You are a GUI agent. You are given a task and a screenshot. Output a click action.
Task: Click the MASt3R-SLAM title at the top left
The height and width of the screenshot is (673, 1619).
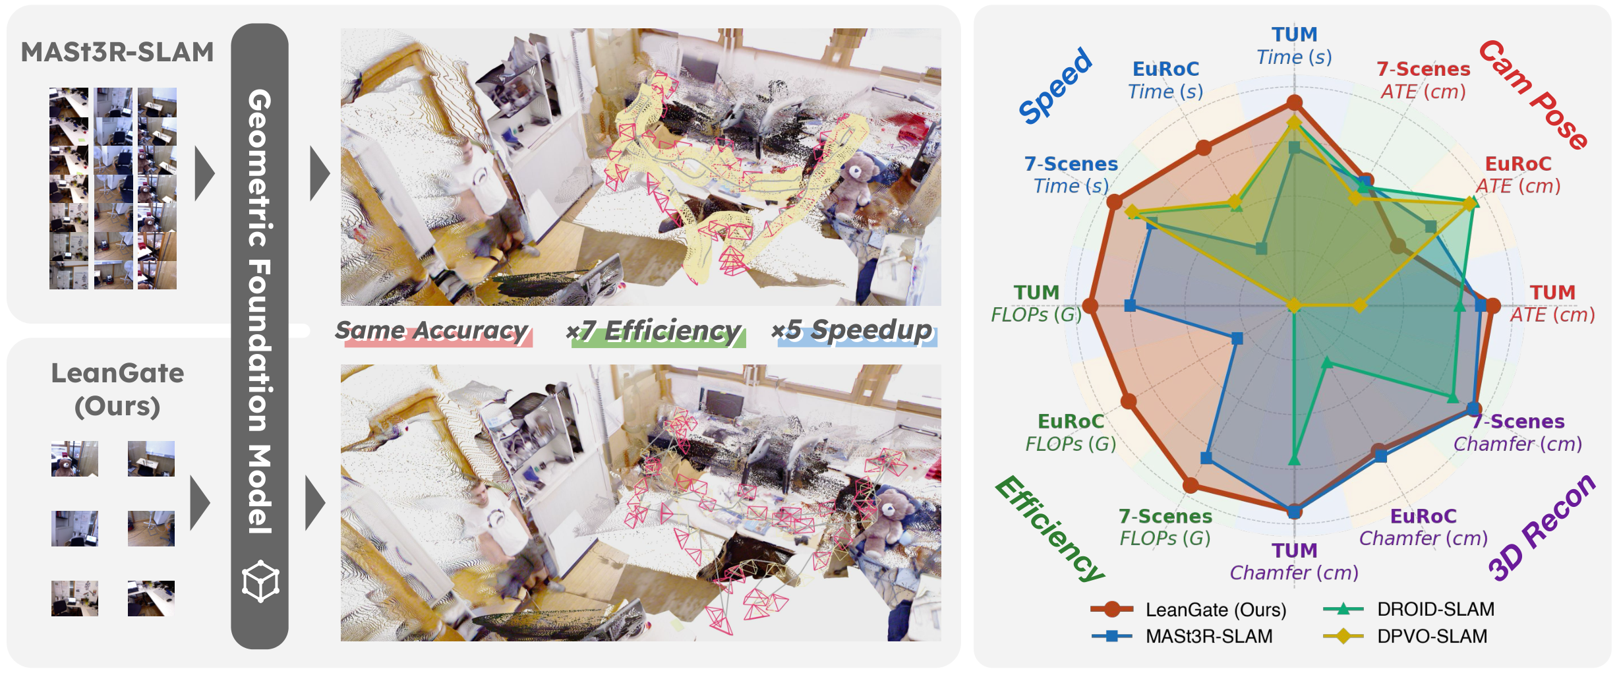click(x=117, y=51)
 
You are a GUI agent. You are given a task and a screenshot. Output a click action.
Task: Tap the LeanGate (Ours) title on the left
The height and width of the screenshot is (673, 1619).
click(x=117, y=389)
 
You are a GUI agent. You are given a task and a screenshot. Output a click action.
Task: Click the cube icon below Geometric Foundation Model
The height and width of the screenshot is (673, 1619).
click(x=260, y=581)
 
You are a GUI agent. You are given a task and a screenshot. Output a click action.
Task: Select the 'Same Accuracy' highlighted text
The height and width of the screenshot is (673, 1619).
click(x=432, y=331)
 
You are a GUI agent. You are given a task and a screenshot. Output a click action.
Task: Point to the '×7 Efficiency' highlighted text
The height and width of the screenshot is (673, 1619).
click(x=654, y=331)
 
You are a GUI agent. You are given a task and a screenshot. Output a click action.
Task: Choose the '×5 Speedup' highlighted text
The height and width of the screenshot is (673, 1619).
click(x=853, y=331)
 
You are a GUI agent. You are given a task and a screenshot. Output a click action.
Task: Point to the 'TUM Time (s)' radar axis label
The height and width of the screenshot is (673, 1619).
click(x=1294, y=46)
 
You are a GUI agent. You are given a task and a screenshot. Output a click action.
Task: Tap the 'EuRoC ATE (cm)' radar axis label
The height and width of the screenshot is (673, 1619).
click(x=1517, y=175)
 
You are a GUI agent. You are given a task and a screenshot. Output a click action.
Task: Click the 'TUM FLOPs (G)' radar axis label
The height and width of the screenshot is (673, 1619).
click(x=1036, y=303)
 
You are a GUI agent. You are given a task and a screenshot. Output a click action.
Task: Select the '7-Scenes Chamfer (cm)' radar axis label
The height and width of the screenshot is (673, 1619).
click(x=1517, y=432)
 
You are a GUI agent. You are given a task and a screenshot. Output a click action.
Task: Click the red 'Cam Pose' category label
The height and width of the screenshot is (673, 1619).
click(x=1533, y=94)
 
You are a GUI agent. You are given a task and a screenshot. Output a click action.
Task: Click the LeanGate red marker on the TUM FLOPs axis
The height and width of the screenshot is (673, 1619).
click(x=1090, y=306)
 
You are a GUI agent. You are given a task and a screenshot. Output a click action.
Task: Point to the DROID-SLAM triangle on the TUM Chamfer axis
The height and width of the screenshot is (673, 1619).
click(x=1294, y=459)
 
